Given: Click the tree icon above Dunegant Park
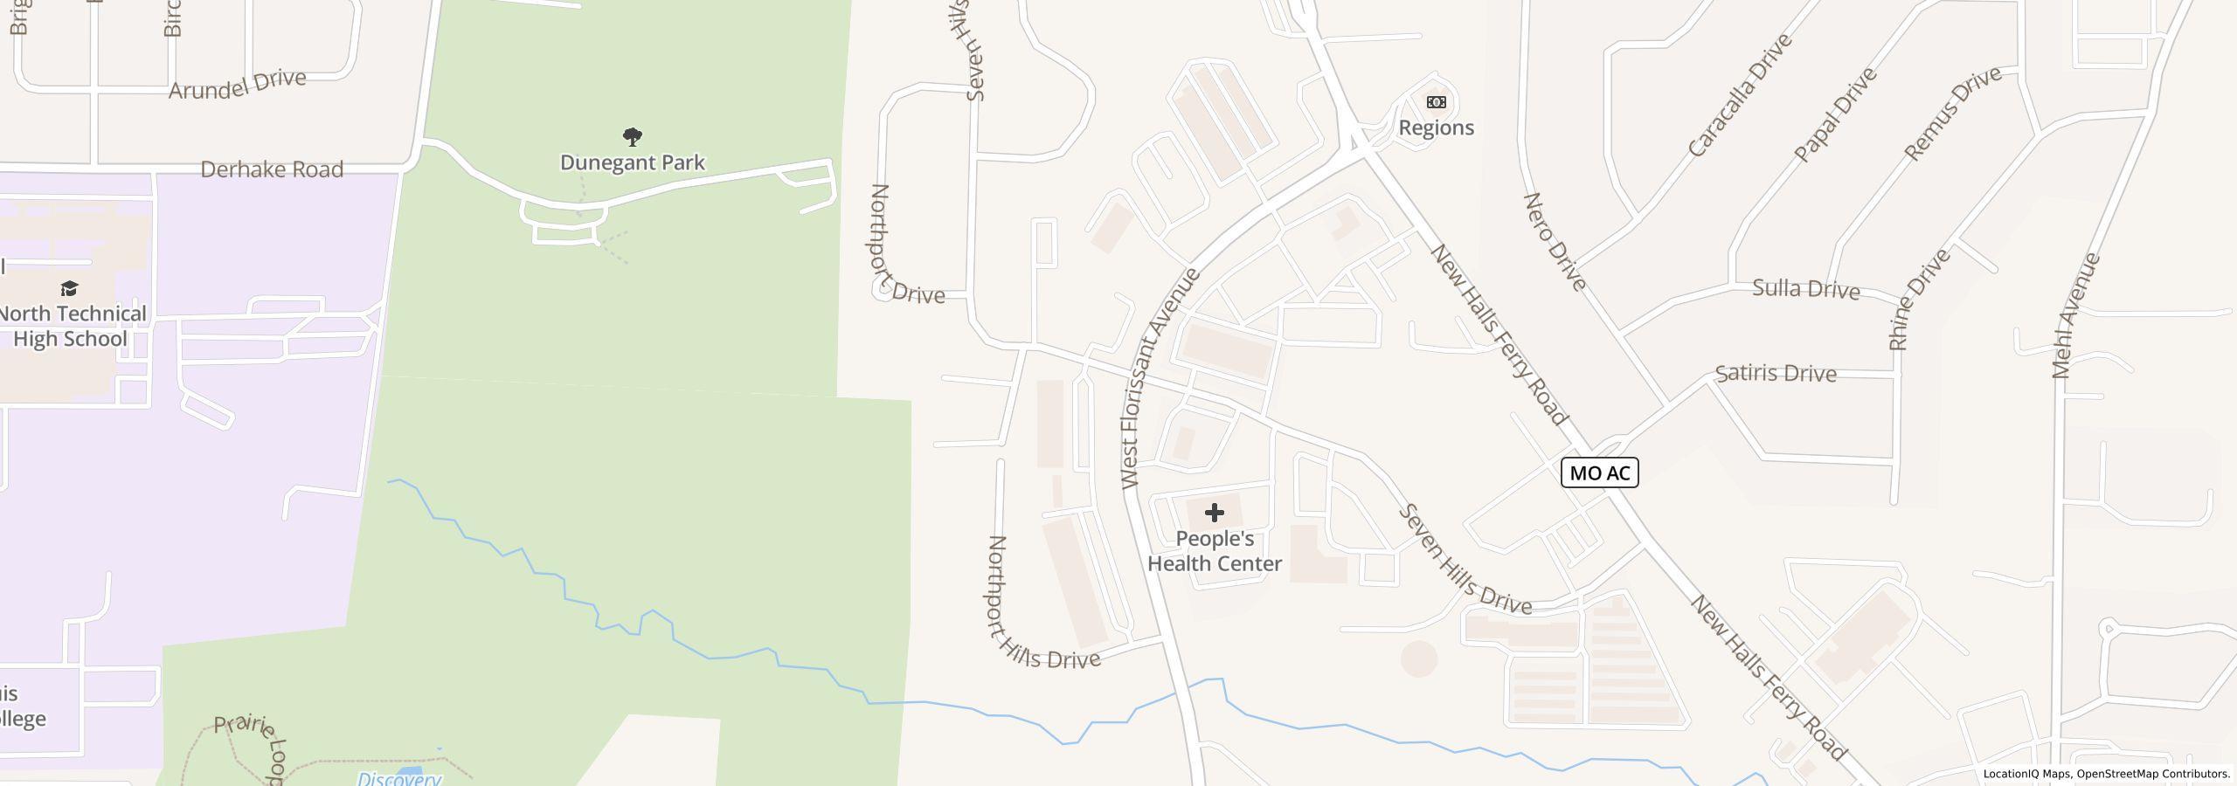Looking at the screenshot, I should (632, 136).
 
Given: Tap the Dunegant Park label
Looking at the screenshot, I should (632, 162).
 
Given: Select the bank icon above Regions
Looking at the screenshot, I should (1436, 102).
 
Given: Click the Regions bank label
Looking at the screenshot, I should (1436, 128).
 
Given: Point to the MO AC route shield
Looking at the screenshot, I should (1599, 472).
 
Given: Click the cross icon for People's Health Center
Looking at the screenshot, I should (1214, 513).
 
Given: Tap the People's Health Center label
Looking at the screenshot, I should (1214, 551).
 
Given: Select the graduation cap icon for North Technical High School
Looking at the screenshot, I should (69, 288).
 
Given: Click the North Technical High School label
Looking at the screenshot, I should (72, 326).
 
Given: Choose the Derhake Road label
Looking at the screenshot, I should (272, 169).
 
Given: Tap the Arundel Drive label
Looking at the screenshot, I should (237, 85).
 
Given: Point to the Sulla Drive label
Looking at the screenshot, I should (1805, 289).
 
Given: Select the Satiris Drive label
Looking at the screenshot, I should (1775, 374).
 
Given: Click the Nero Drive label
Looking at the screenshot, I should (1555, 242).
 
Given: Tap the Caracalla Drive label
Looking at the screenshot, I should (1739, 95).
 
